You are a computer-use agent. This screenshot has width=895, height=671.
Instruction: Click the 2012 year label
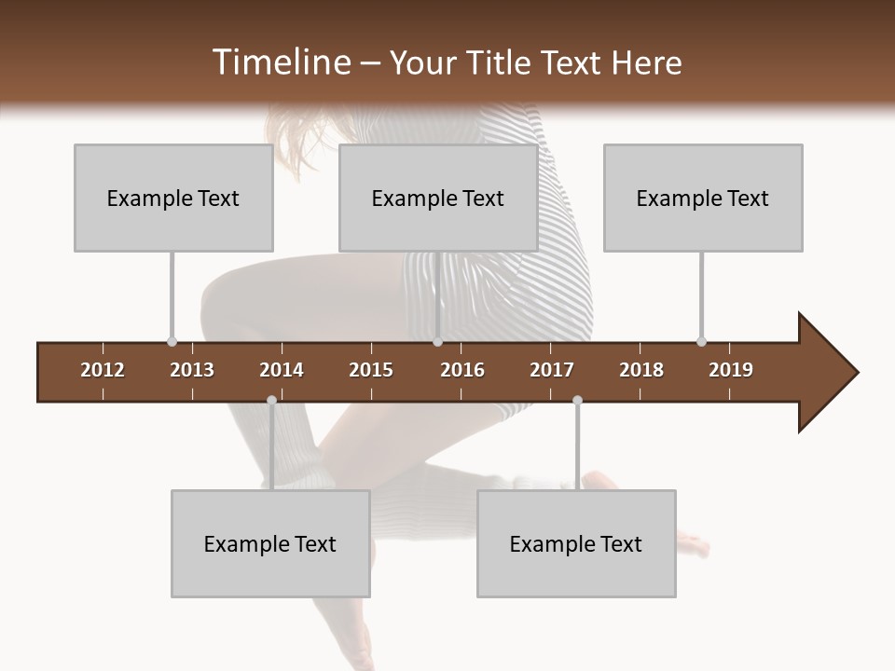click(103, 370)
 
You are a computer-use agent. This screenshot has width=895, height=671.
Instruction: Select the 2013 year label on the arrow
click(192, 370)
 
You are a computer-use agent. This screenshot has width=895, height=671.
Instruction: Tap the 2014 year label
click(282, 370)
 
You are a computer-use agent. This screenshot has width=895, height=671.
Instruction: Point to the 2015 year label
click(371, 370)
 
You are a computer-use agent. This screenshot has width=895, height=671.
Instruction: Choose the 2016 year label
click(462, 370)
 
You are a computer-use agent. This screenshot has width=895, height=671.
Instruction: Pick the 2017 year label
click(552, 370)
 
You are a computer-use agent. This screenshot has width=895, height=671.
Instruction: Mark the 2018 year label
click(641, 370)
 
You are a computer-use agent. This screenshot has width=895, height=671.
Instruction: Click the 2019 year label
click(731, 370)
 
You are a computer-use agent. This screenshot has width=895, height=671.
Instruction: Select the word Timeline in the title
click(281, 62)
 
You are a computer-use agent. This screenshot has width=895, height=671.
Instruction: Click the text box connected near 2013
click(173, 198)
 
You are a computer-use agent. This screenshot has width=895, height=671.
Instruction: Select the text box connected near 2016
click(438, 198)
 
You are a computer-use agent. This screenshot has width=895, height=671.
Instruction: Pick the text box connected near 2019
click(703, 198)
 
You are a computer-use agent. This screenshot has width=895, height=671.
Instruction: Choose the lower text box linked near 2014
click(270, 543)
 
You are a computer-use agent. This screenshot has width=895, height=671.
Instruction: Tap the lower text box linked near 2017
click(576, 543)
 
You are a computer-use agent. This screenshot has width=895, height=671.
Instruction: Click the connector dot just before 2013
click(172, 341)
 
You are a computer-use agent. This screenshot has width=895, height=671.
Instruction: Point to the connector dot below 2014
click(271, 401)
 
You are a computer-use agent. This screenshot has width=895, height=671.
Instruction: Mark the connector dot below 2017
click(577, 401)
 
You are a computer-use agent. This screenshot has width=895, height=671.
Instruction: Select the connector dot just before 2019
click(701, 341)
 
